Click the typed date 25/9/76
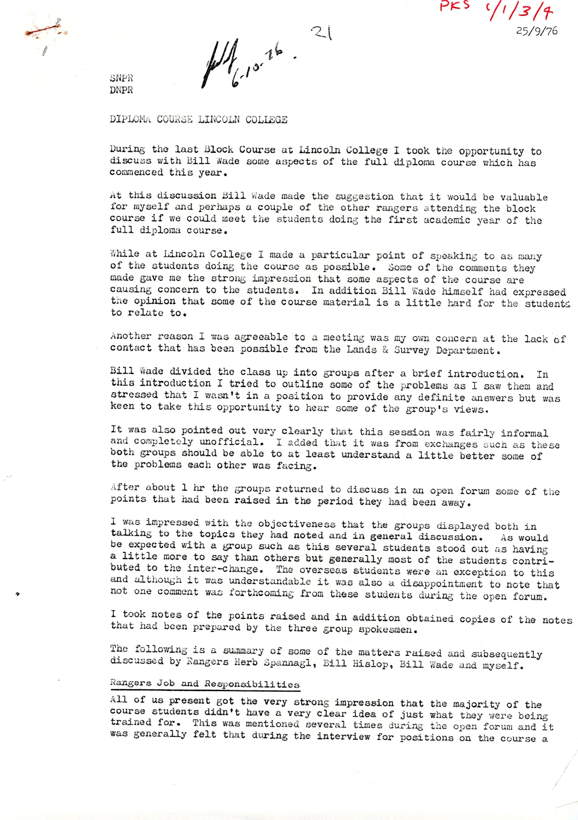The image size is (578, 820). (537, 31)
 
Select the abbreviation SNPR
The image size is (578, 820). (122, 78)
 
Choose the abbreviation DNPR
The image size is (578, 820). (122, 90)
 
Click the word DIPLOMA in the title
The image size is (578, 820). (130, 119)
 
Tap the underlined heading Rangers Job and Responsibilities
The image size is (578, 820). (205, 684)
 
